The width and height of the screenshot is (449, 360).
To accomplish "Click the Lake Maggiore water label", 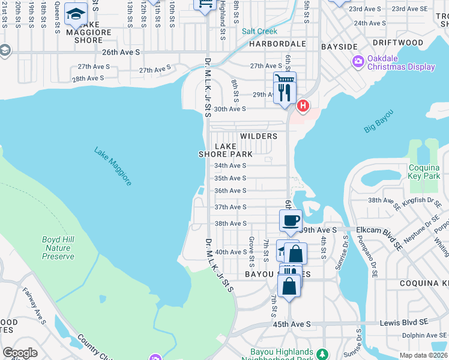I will tap(112, 166).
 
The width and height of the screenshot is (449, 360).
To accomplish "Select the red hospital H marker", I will tap(303, 106).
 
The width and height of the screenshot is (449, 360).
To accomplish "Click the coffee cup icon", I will tap(291, 220).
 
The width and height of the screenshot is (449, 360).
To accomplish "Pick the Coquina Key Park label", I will tap(424, 172).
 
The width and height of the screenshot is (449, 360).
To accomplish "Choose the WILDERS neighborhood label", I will tap(259, 136).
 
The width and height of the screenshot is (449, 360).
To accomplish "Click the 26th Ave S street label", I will tap(121, 53).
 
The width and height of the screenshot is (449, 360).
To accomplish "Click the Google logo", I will tap(20, 353).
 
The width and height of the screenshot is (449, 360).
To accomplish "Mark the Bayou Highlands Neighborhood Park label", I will tap(282, 355).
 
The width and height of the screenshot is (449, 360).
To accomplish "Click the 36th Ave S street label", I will tap(231, 191).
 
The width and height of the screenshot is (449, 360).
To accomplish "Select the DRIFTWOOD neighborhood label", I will tap(397, 43).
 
